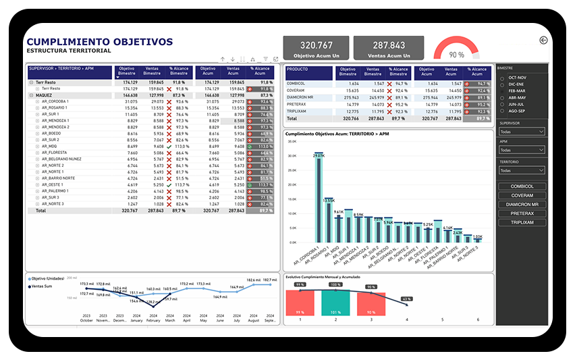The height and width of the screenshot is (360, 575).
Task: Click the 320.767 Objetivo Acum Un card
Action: [317, 48]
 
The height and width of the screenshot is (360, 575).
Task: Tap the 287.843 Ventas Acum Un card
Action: [388, 48]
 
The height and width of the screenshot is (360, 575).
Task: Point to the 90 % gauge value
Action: [456, 55]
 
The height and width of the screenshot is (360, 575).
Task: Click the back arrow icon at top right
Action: [544, 41]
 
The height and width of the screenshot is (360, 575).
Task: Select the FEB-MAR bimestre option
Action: [517, 91]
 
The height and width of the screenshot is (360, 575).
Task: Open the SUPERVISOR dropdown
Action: [522, 132]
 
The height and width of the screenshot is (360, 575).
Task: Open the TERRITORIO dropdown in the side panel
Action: [522, 171]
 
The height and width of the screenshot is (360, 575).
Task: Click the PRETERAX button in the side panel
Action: [522, 213]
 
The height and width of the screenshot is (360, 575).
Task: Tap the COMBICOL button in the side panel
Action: [522, 186]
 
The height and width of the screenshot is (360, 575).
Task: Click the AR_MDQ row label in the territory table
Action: [50, 146]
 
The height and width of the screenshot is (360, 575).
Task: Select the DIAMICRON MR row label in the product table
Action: [300, 97]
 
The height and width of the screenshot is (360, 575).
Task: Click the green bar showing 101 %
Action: [335, 302]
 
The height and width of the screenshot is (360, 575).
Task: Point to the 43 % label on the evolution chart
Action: [406, 299]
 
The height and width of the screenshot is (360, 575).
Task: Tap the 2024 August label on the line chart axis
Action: [253, 318]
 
